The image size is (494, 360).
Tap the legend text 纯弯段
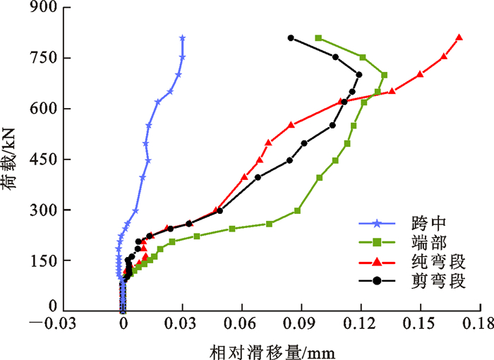(433, 263)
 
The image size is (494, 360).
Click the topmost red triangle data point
(459, 37)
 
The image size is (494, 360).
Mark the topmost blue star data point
(182, 37)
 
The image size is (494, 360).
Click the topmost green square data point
(318, 37)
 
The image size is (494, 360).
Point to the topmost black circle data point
(290, 37)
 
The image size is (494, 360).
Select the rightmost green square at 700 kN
(385, 74)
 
